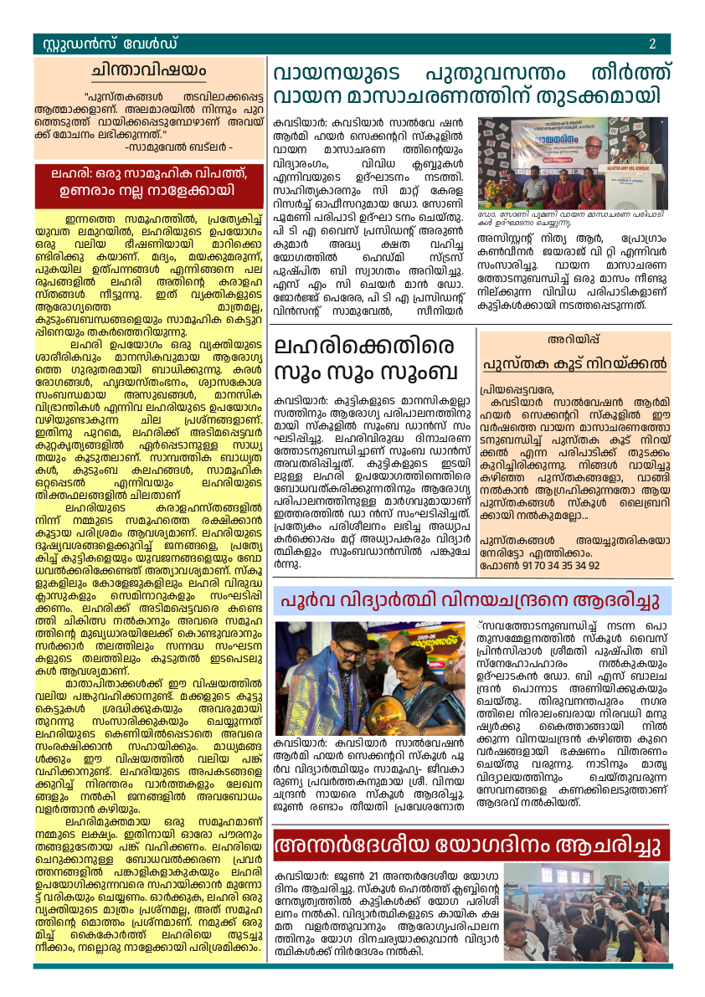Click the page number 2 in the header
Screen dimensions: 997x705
coord(651,44)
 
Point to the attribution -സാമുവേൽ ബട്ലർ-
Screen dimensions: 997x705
coord(178,146)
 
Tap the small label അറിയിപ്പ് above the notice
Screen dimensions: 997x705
coord(574,340)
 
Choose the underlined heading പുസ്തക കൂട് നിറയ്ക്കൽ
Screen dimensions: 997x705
coord(574,364)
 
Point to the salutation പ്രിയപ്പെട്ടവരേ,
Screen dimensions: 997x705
coord(517,390)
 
